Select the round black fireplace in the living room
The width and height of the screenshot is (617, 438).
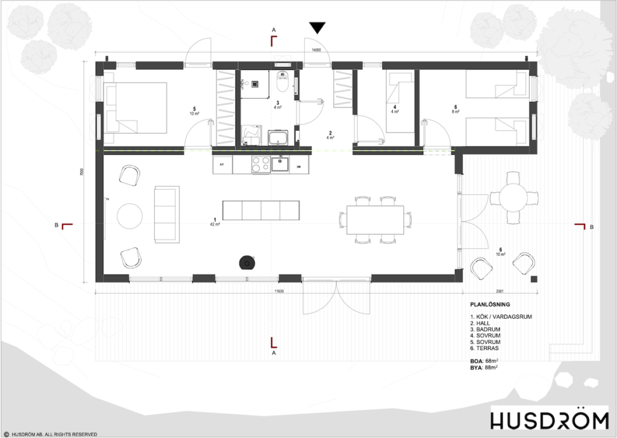coord(247,262)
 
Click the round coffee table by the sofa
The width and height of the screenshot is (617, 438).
coord(129,216)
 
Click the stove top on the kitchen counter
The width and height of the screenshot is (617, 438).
coord(260,164)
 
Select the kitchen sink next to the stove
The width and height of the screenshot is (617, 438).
coord(281,163)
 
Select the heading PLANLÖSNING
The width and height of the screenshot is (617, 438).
coord(490,304)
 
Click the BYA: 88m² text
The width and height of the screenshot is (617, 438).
coord(487,367)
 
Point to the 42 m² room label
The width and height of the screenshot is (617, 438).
coord(215,224)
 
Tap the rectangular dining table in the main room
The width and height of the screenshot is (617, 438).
coord(375,220)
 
